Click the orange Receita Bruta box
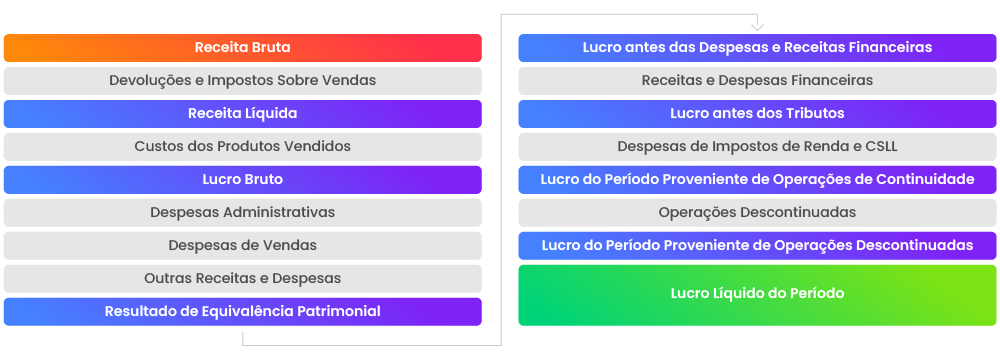242,48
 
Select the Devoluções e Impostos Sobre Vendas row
242,81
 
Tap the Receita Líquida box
242,114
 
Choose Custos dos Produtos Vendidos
242,147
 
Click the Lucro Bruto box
242,180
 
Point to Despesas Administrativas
242,213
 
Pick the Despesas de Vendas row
242,246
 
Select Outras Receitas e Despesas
242,279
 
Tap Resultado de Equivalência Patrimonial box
242,312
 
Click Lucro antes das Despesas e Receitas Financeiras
757,48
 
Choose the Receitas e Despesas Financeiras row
757,81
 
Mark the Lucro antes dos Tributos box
757,114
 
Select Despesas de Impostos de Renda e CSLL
757,147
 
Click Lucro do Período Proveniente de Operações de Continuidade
757,180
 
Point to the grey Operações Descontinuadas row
757,213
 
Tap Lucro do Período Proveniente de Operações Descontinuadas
757,246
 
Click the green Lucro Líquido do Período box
757,294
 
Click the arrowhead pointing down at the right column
757,25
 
